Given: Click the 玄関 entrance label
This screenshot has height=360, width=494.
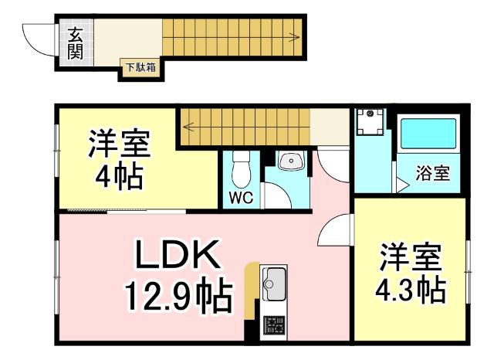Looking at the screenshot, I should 75,43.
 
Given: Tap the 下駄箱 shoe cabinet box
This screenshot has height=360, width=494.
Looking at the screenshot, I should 140,68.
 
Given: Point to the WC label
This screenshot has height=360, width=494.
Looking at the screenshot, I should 241,197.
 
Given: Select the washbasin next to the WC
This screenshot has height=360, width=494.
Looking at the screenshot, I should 291,161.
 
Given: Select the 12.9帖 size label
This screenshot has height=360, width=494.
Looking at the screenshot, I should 178,294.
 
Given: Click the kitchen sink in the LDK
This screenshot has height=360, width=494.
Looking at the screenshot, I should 274,284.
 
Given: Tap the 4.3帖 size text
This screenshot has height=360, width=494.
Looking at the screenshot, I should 410,290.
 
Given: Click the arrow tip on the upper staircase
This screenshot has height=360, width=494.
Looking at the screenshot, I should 297,36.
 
